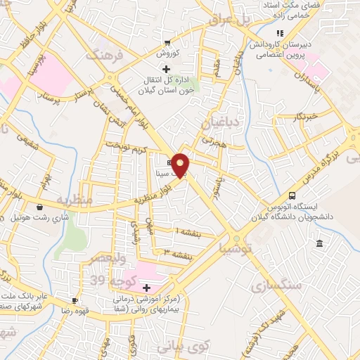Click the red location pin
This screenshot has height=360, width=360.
[x=181, y=165]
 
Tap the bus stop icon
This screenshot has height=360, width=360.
[x=292, y=195]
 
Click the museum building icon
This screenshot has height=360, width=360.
[x=320, y=243]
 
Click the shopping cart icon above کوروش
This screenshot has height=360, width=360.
[x=167, y=42]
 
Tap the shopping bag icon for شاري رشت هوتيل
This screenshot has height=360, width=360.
[x=40, y=207]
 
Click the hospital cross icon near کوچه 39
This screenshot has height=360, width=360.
[x=146, y=288]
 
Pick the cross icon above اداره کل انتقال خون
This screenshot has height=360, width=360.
[x=167, y=69]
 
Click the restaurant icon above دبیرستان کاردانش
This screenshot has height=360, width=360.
[x=280, y=33]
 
